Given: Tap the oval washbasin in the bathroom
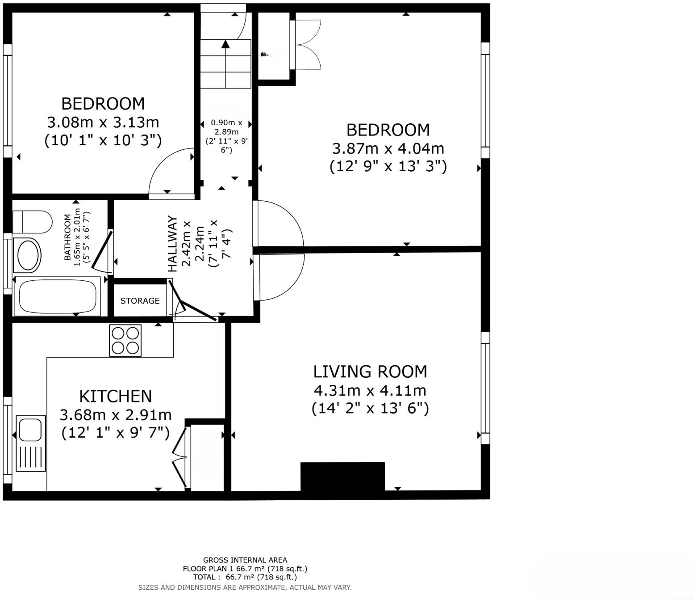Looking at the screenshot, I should (x=28, y=255).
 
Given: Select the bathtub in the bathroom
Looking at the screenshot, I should (x=57, y=296).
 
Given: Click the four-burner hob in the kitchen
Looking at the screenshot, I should (x=125, y=341).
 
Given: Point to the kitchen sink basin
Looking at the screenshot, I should (x=31, y=430).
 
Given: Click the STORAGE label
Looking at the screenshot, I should (x=140, y=301).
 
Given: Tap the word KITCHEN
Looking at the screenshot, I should (x=116, y=396).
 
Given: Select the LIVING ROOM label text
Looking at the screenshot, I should (x=370, y=372).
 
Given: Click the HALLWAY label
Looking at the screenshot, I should (x=173, y=244).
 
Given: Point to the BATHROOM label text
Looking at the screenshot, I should (x=67, y=237).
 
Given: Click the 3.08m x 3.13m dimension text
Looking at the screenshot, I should (x=103, y=122).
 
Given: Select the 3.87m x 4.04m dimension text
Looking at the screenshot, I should (x=388, y=148).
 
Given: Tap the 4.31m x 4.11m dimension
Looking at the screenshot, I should (x=370, y=390).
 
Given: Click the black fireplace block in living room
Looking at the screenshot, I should (x=342, y=477).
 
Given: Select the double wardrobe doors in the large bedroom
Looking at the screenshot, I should (x=307, y=44).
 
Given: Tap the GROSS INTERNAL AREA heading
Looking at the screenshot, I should (x=245, y=560).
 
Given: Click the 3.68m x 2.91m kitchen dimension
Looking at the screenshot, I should (x=116, y=415).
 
